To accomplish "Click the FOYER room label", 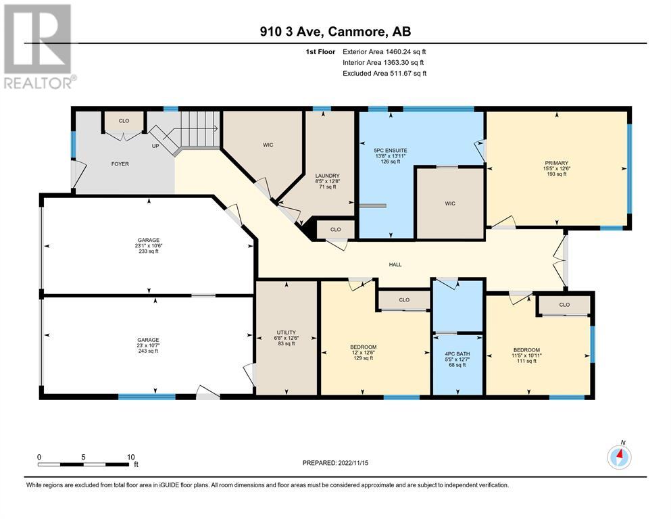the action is click(120, 164).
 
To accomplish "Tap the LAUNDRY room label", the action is click(327, 176).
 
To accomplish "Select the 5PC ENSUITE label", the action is click(391, 151).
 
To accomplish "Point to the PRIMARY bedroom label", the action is click(556, 163).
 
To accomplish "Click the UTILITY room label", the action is click(287, 332).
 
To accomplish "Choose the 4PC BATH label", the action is click(457, 354).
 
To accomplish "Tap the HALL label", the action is click(395, 265).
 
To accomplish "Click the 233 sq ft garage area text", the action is click(149, 251).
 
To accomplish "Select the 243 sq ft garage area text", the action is click(148, 351).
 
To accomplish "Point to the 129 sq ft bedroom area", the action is click(364, 358).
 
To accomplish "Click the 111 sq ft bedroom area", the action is click(526, 361).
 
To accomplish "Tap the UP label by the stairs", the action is click(155, 147).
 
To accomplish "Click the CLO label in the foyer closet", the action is click(124, 121).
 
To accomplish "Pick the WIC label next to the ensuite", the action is click(450, 203).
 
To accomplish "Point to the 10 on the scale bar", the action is click(131, 457).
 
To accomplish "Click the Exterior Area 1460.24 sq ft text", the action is click(384, 52).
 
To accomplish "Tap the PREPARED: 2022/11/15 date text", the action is click(335, 463).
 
